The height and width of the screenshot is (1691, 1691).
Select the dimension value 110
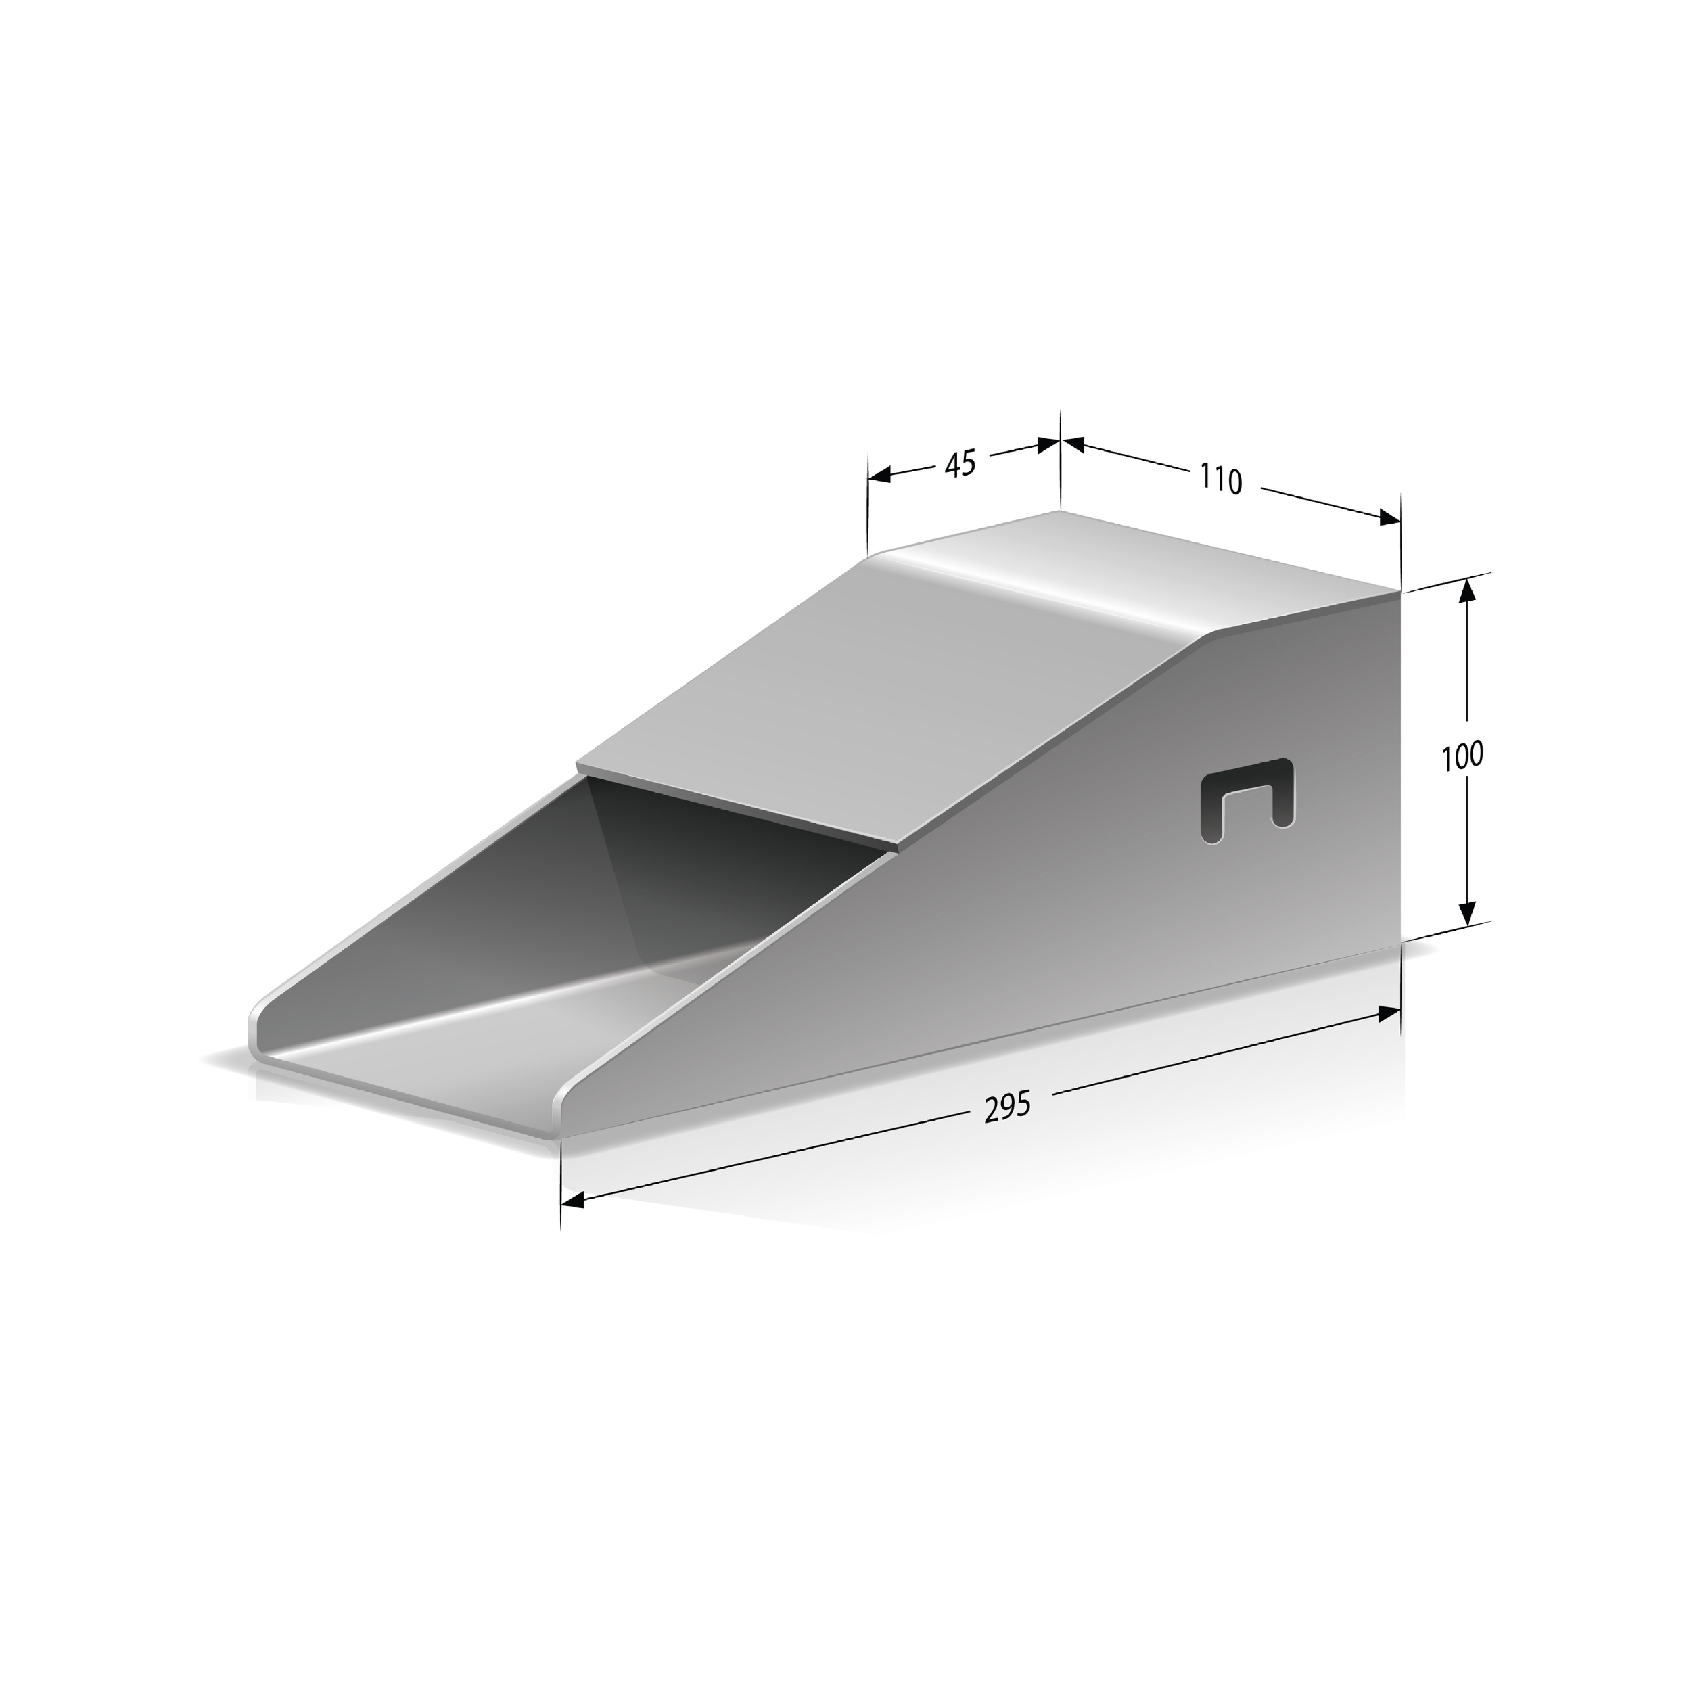(x=1220, y=480)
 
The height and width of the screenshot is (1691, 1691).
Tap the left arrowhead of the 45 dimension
(x=879, y=476)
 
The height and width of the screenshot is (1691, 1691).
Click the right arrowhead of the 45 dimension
(x=1048, y=444)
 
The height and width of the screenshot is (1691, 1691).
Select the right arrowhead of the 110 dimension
(x=1389, y=518)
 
